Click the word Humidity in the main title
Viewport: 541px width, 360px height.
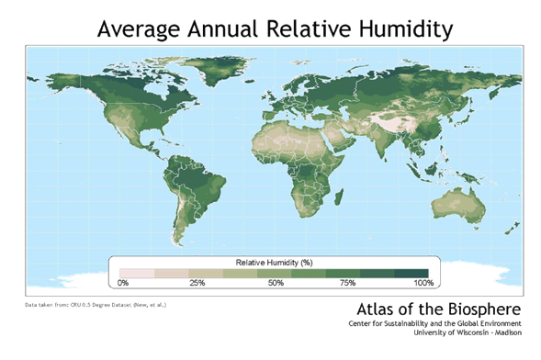coord(398,29)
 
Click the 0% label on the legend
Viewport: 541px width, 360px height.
coord(122,282)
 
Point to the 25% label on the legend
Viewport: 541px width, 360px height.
coord(197,282)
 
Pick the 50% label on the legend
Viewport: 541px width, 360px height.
coord(276,282)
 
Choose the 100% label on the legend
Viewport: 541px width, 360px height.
coord(422,282)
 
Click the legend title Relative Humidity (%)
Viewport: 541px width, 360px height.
coord(273,262)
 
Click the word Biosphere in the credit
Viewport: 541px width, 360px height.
coord(479,308)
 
